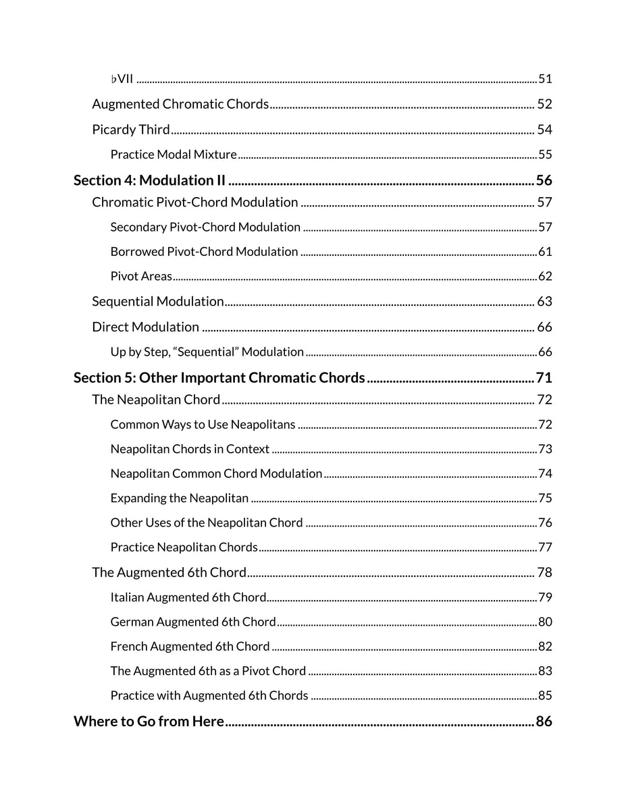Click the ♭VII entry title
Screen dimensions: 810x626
point(122,79)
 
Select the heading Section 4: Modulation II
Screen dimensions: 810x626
point(149,180)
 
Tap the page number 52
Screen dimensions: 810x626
point(544,104)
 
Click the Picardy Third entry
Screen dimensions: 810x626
point(131,130)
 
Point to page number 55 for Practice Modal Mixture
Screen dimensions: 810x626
point(545,155)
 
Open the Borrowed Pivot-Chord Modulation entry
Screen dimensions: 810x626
point(204,252)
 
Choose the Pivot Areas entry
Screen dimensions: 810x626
point(141,276)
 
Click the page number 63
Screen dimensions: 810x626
point(544,302)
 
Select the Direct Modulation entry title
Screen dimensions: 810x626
point(145,327)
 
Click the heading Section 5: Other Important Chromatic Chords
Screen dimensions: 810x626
point(219,377)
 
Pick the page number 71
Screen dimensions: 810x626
point(544,377)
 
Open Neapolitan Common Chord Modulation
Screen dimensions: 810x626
point(216,474)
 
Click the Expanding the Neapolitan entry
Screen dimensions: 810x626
point(180,498)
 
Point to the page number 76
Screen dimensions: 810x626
point(545,523)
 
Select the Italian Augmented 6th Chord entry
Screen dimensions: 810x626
point(188,597)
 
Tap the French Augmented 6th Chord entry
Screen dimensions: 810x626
point(190,647)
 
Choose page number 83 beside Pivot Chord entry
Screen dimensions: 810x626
point(545,671)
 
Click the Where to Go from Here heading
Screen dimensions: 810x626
point(149,722)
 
